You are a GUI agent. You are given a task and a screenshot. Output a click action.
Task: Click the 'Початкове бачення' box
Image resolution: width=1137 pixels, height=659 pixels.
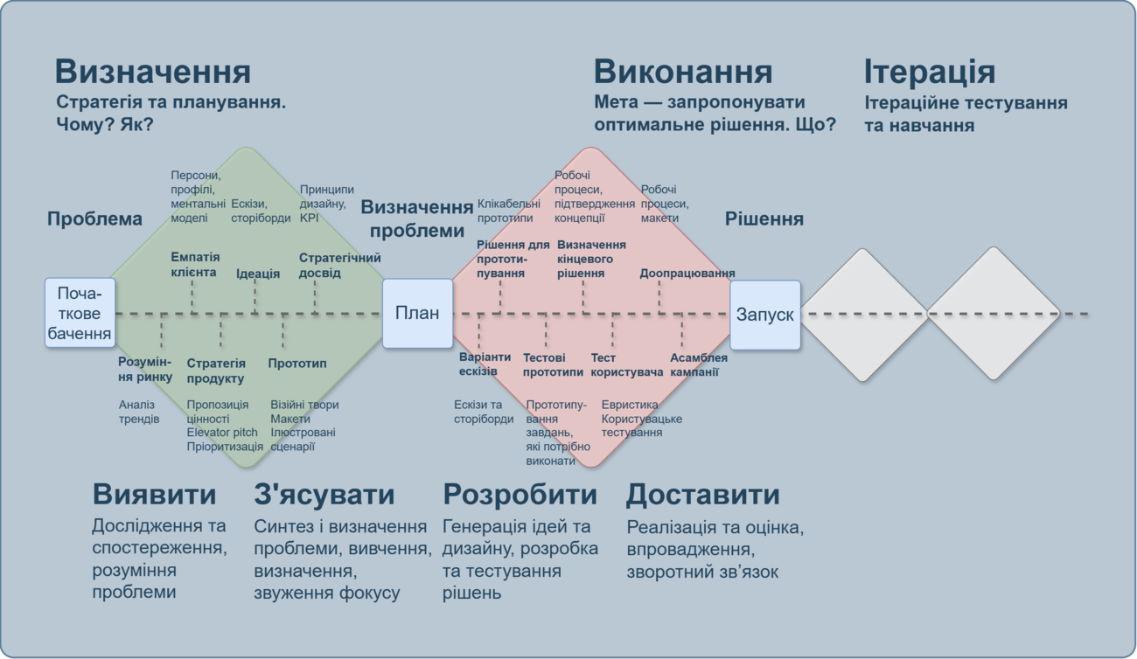coord(80,313)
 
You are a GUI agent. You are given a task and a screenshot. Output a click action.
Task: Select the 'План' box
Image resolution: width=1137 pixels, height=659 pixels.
coord(417,313)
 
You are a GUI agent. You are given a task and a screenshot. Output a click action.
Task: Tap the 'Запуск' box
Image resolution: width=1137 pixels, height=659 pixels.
coord(765,315)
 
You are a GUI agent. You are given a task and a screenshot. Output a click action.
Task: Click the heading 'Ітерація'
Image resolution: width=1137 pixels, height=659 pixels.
coord(930,72)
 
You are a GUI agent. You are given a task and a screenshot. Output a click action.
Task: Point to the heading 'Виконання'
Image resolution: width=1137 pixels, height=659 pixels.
coord(683,72)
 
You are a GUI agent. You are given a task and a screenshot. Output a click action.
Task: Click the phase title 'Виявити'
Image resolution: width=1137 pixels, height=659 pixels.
coord(154,494)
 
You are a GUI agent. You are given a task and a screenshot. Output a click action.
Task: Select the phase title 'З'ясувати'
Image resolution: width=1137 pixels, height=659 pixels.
coord(324,494)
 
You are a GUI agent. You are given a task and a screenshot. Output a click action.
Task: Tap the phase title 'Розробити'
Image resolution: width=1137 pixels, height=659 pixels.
coord(520,494)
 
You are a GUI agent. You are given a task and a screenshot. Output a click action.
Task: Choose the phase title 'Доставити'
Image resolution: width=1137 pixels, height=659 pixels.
coord(702,494)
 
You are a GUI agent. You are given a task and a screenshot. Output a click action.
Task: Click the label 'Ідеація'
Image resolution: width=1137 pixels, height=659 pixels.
coord(258,274)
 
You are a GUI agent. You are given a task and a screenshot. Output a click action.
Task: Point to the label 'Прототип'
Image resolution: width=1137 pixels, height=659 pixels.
coord(297,364)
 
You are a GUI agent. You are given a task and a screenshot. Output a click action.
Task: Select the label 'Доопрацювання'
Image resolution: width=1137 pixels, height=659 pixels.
coord(687,273)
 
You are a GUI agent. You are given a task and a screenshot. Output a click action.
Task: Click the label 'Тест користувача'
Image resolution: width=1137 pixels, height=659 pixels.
coord(626,364)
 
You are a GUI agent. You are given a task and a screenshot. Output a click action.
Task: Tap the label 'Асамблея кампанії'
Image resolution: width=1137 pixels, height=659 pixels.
coord(699,364)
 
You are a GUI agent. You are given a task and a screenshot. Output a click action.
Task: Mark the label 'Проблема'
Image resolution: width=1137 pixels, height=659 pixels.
coord(94,219)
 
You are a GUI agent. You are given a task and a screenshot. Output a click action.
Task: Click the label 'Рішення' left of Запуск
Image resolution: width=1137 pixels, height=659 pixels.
coord(764,219)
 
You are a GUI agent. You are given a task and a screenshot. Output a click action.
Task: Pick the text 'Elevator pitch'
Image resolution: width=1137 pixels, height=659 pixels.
coord(222,433)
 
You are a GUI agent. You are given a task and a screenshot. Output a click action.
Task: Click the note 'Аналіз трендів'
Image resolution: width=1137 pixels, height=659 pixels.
coord(139,412)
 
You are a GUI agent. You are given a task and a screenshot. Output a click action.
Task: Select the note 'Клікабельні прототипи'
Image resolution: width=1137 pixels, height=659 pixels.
coord(509,211)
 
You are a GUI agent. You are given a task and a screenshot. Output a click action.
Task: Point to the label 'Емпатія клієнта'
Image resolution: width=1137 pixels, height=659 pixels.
coord(195,264)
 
